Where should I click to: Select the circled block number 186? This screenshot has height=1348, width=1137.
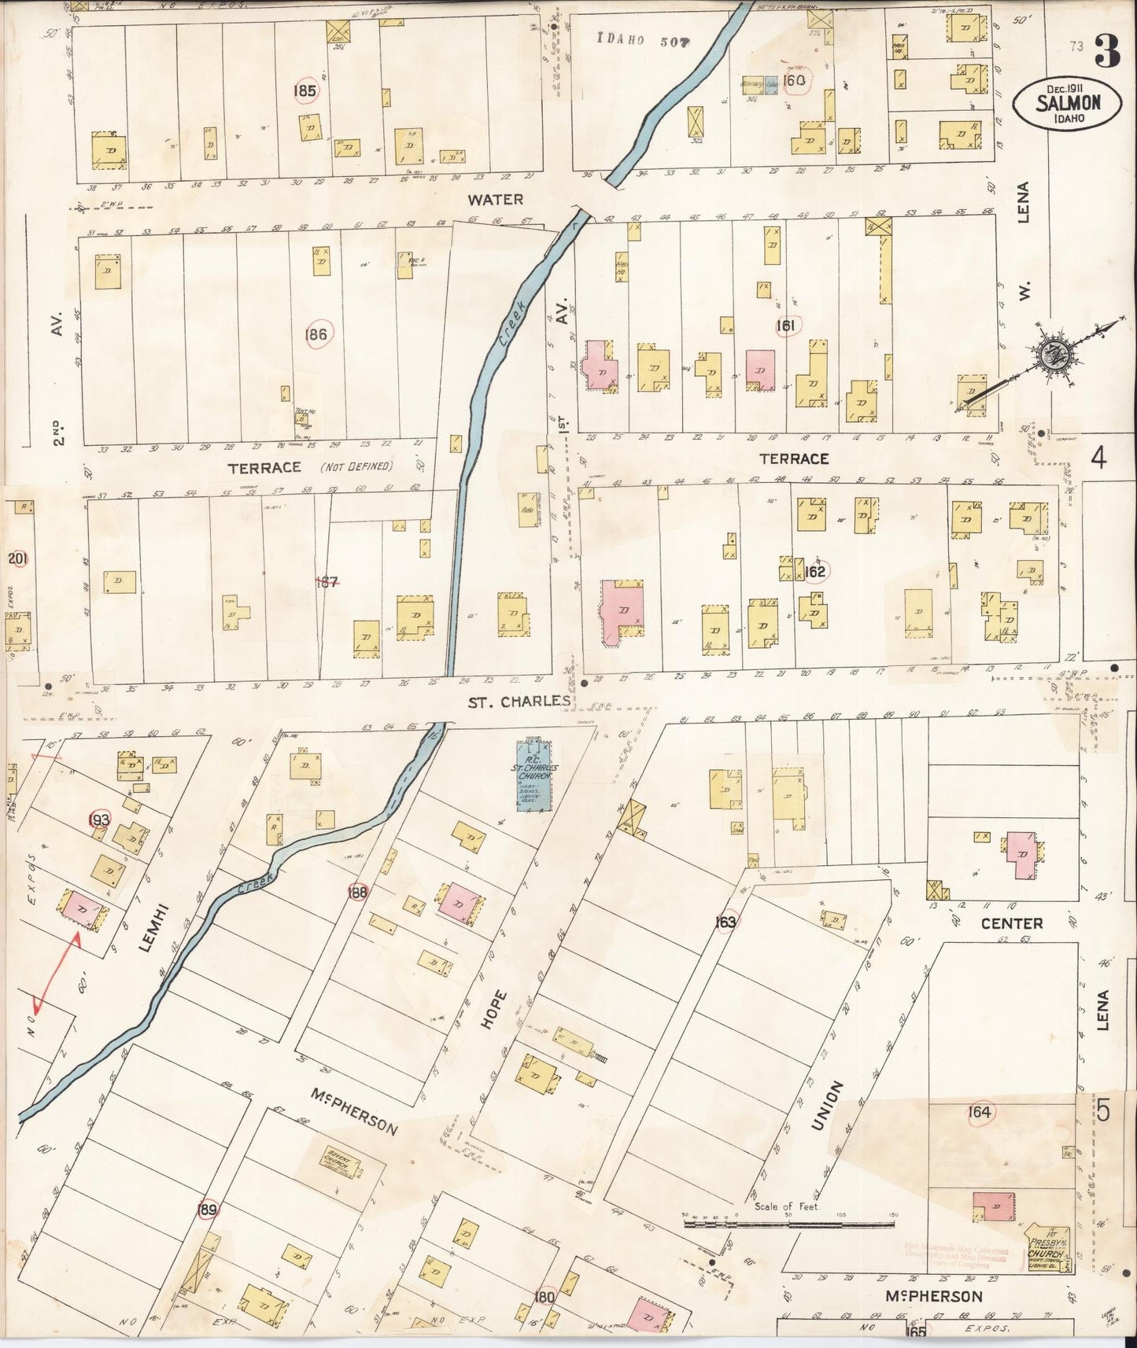(x=317, y=334)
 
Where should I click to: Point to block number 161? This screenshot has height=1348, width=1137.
(x=785, y=325)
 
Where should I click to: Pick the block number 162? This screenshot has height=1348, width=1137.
(x=815, y=571)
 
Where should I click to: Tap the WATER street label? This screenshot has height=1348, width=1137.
(x=494, y=200)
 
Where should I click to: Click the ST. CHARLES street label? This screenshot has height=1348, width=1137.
(x=519, y=701)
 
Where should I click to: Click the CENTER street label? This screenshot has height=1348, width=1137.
(x=1012, y=923)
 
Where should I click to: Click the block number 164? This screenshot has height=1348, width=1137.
(x=979, y=1112)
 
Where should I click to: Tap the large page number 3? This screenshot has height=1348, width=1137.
(x=1107, y=53)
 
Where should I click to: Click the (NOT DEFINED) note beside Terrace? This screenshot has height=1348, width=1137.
(x=356, y=466)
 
